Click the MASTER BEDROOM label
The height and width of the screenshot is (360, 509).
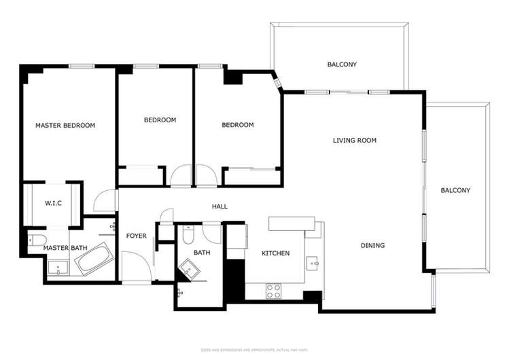click(x=65, y=125)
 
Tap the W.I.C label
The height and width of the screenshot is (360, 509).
click(x=54, y=203)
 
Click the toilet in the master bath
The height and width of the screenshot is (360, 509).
click(x=36, y=238)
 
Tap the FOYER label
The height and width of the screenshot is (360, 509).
click(x=136, y=236)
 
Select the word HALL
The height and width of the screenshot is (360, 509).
click(x=220, y=206)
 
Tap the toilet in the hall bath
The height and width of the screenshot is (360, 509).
click(x=190, y=235)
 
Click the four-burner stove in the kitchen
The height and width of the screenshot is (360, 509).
click(x=273, y=290)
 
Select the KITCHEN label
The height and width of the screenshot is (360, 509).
click(x=276, y=253)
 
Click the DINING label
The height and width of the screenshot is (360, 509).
click(x=372, y=246)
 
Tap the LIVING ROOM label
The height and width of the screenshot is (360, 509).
click(x=354, y=141)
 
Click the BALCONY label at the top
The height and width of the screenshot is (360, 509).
click(x=342, y=65)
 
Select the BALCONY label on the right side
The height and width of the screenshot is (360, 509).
click(x=455, y=190)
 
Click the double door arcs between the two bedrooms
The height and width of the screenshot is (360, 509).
click(x=194, y=176)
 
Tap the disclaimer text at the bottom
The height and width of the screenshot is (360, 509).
click(x=254, y=350)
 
